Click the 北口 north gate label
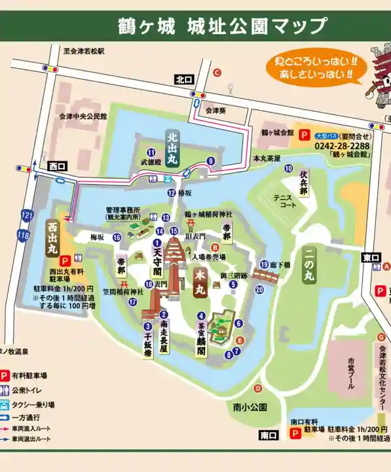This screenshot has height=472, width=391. click(x=182, y=79)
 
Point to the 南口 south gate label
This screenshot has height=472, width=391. click(x=268, y=435)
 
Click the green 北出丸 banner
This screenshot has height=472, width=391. click(x=172, y=150)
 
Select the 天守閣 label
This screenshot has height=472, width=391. click(x=157, y=256)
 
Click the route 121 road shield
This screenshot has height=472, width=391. click(x=25, y=215)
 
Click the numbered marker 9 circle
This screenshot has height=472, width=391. click(x=210, y=161)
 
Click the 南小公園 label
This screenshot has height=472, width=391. click(x=250, y=407)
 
